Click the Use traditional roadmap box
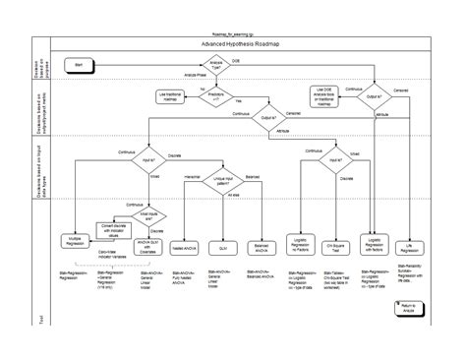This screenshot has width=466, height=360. pos(170,94)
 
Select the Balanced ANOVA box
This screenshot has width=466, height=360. pos(261,246)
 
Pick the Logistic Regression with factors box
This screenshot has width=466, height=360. pos(374,243)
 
